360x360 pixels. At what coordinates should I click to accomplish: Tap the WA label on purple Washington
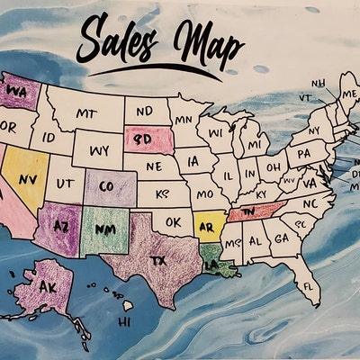pos(17,92)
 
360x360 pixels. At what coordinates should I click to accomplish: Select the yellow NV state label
pos(27,179)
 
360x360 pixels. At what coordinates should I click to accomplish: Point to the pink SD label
pos(142,140)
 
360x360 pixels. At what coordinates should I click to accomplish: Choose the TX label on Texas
pos(157,259)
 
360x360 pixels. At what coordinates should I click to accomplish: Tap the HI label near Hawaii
pos(125,320)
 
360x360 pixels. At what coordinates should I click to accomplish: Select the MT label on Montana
pos(85,114)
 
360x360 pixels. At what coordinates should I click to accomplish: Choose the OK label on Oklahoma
pos(175,220)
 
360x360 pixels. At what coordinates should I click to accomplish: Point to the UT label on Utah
pos(65,183)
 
